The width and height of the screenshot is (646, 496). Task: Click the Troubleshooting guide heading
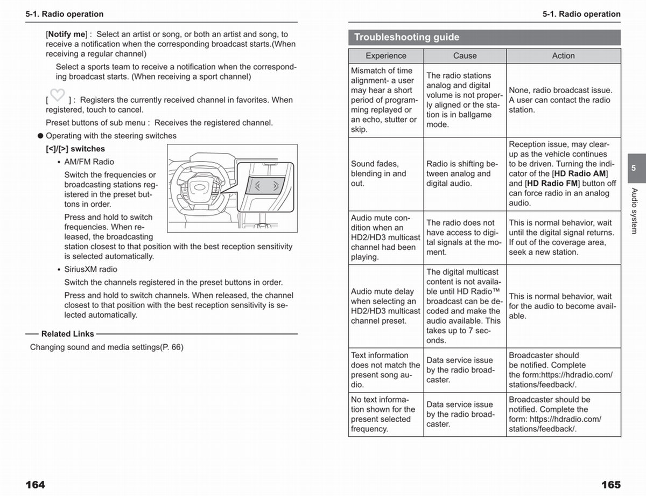click(407, 37)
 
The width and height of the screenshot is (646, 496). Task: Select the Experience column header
click(386, 56)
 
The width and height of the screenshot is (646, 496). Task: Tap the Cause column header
click(465, 56)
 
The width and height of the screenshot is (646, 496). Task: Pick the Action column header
click(563, 56)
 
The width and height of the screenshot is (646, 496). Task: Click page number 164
click(36, 485)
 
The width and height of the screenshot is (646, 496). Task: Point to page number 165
click(610, 485)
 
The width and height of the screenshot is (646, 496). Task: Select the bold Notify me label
click(66, 34)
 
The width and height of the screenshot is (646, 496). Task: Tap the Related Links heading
click(68, 334)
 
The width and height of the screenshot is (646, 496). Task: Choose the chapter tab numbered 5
click(634, 168)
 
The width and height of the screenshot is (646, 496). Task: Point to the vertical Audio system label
click(634, 211)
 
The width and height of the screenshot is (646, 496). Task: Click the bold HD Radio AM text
click(580, 173)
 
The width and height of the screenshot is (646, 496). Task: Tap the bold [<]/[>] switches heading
click(75, 149)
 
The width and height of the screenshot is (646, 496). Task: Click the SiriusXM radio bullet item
click(90, 269)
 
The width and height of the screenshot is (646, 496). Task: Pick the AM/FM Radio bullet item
click(89, 162)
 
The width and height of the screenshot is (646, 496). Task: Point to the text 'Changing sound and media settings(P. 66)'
click(107, 347)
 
